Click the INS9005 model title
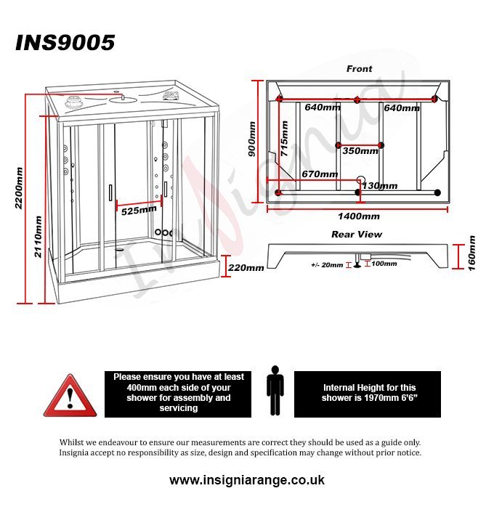(x=65, y=43)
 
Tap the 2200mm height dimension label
(x=18, y=188)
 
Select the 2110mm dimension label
(x=39, y=237)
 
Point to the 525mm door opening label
(x=139, y=211)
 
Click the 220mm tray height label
(x=246, y=268)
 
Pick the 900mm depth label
(x=252, y=139)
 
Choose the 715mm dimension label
(x=284, y=138)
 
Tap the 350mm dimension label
(x=360, y=151)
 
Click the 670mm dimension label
(x=320, y=174)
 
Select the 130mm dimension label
(x=379, y=186)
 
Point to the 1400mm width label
(x=359, y=216)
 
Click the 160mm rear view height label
(x=471, y=253)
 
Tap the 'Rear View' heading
(x=357, y=235)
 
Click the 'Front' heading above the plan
(x=360, y=69)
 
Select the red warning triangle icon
(x=70, y=396)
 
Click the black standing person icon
(x=275, y=390)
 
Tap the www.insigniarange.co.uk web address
(x=247, y=480)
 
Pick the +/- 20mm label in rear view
(x=327, y=264)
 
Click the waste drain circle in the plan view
(x=360, y=180)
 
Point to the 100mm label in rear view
(x=384, y=264)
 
